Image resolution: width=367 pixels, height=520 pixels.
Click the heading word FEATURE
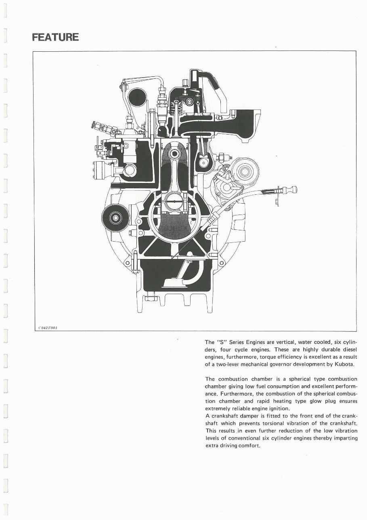pyautogui.click(x=55, y=38)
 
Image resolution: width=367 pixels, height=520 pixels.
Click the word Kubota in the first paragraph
pyautogui.click(x=344, y=364)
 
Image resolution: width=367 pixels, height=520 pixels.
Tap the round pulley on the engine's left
pyautogui.click(x=116, y=218)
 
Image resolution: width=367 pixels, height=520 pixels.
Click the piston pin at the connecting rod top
pyautogui.click(x=174, y=154)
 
